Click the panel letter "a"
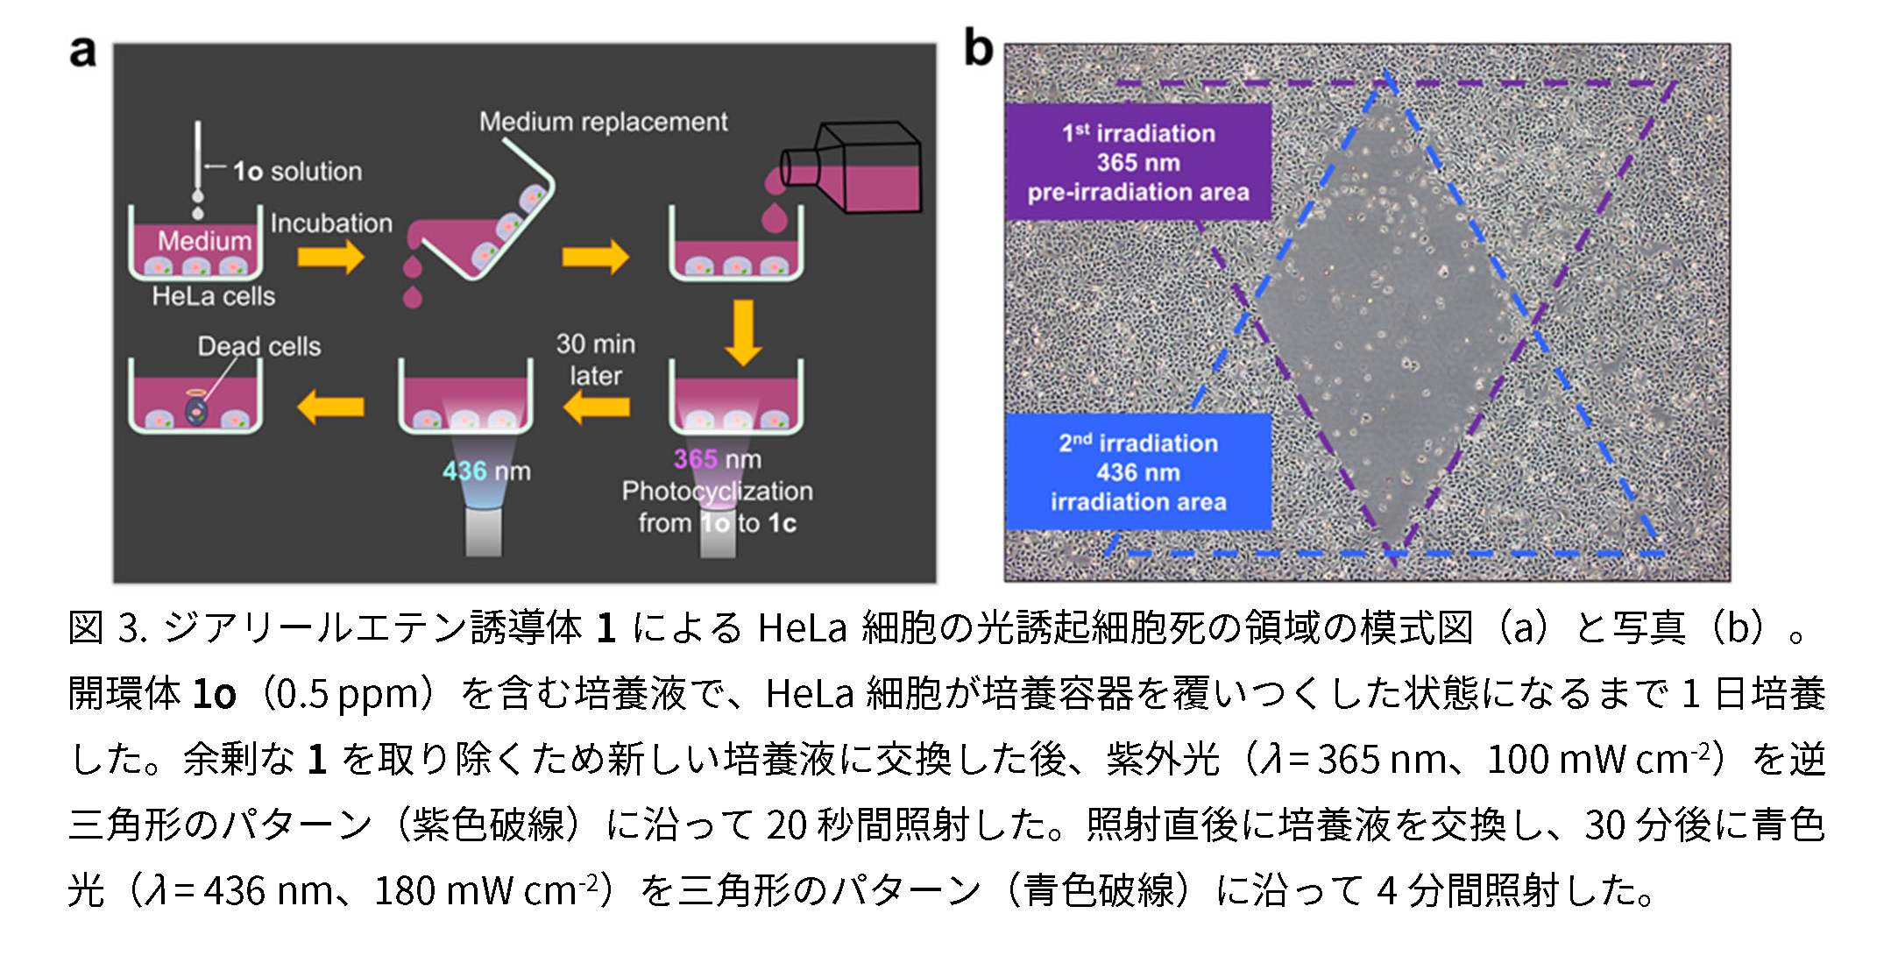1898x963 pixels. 82,53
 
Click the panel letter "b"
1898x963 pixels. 978,47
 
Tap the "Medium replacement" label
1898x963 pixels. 603,122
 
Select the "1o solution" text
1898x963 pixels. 297,171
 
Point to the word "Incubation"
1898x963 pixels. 331,223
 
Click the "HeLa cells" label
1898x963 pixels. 213,296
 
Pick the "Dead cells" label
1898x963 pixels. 258,346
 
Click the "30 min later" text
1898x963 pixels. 596,359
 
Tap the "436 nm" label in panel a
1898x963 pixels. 486,471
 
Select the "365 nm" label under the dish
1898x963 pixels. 717,458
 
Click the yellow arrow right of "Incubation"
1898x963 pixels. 330,257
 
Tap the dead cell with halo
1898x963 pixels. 196,408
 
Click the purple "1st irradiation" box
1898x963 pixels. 1137,162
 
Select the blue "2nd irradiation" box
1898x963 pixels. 1137,472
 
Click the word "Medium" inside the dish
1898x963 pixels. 204,241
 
